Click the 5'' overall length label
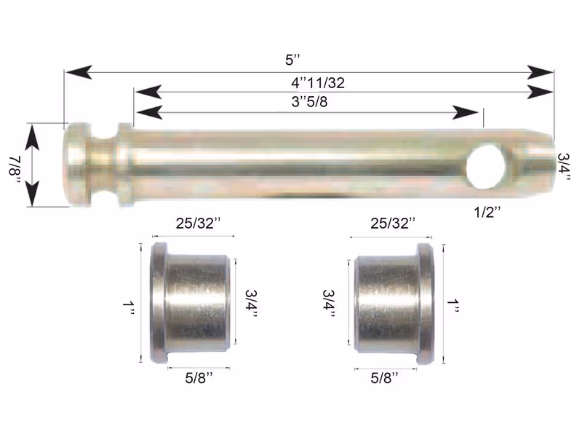[x=292, y=60]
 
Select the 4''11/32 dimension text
[x=318, y=82]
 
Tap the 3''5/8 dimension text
[x=310, y=101]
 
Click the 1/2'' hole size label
[x=487, y=213]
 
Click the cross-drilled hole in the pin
[x=486, y=167]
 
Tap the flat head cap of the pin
[x=77, y=165]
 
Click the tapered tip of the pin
[x=534, y=164]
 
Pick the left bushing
[x=190, y=303]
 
